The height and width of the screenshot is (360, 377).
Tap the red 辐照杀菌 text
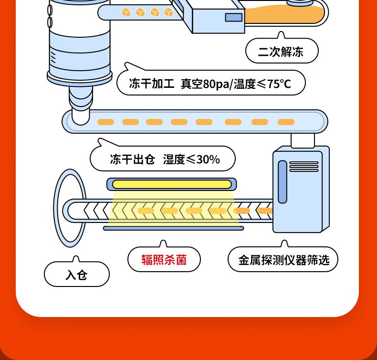coord(164,260)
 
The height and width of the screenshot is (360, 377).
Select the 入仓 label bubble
coord(76,275)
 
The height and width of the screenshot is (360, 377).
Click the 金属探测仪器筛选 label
coord(283,260)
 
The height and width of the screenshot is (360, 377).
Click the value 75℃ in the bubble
coord(279,84)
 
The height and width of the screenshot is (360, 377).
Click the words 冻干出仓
coord(132,159)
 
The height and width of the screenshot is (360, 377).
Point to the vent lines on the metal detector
coord(304,166)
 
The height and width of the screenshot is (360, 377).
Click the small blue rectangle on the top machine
coord(233,18)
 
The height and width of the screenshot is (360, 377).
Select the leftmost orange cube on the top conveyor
coord(126,12)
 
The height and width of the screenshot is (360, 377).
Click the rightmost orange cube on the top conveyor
coord(168,12)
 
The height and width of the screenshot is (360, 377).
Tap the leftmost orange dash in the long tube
coord(105,122)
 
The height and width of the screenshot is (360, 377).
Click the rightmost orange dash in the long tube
coord(286,122)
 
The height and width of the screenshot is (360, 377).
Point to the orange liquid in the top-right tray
coord(286,14)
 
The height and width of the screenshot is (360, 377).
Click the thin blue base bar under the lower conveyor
coord(173,228)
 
